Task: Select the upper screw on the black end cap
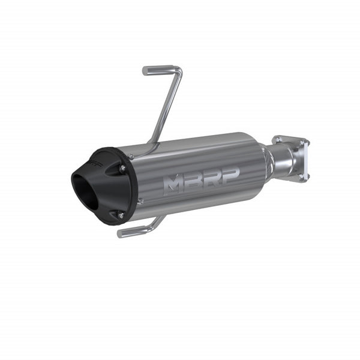tap(122, 169)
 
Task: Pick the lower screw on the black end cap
tap(120, 215)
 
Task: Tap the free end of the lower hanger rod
tap(121, 234)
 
